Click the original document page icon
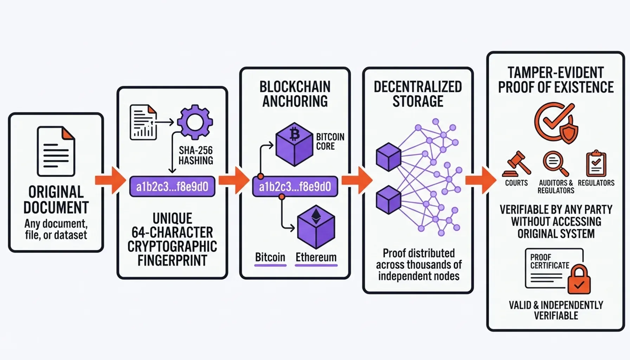click(x=56, y=152)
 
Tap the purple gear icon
click(x=195, y=122)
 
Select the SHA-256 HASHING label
click(x=195, y=155)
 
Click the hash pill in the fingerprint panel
click(x=172, y=187)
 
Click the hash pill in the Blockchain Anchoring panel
click(x=295, y=187)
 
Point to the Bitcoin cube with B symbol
click(x=294, y=144)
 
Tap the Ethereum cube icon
click(x=316, y=227)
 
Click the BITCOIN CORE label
click(x=330, y=141)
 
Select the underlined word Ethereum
click(x=316, y=257)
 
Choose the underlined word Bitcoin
click(x=270, y=257)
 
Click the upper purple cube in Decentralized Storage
click(x=388, y=157)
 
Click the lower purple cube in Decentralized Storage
click(x=388, y=200)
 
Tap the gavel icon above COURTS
click(x=516, y=164)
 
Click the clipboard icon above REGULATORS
click(x=596, y=163)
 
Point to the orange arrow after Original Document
click(x=110, y=180)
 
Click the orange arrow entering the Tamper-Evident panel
click(x=481, y=180)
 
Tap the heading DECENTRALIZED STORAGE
click(x=418, y=94)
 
